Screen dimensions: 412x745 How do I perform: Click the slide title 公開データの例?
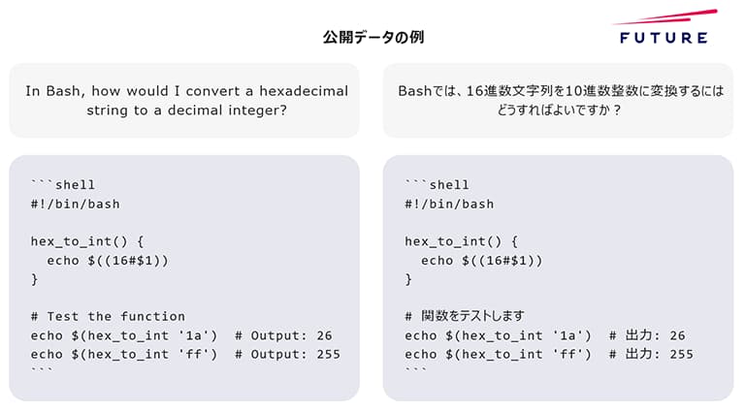pos(372,38)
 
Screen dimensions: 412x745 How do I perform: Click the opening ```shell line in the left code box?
pos(63,185)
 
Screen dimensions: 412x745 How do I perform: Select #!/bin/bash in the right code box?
pos(449,204)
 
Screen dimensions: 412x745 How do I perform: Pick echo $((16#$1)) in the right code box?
pos(481,260)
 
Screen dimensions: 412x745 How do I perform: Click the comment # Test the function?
pos(108,316)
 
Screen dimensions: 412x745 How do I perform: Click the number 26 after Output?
pos(324,335)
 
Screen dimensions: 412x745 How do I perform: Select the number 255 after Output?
pos(328,354)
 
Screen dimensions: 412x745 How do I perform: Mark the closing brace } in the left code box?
pos(35,279)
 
